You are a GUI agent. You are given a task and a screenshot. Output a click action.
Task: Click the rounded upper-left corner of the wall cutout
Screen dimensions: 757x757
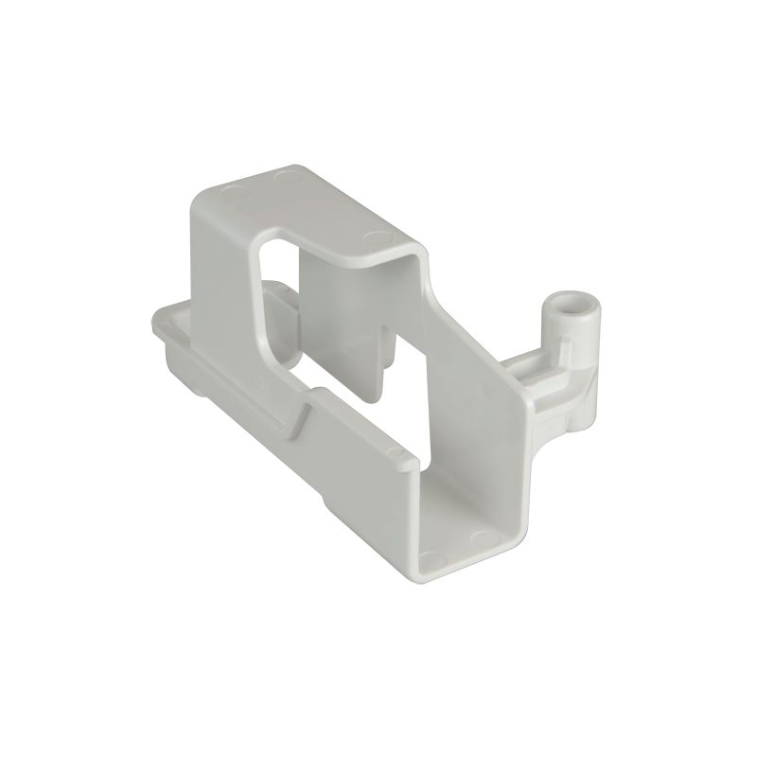pyautogui.click(x=270, y=248)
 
